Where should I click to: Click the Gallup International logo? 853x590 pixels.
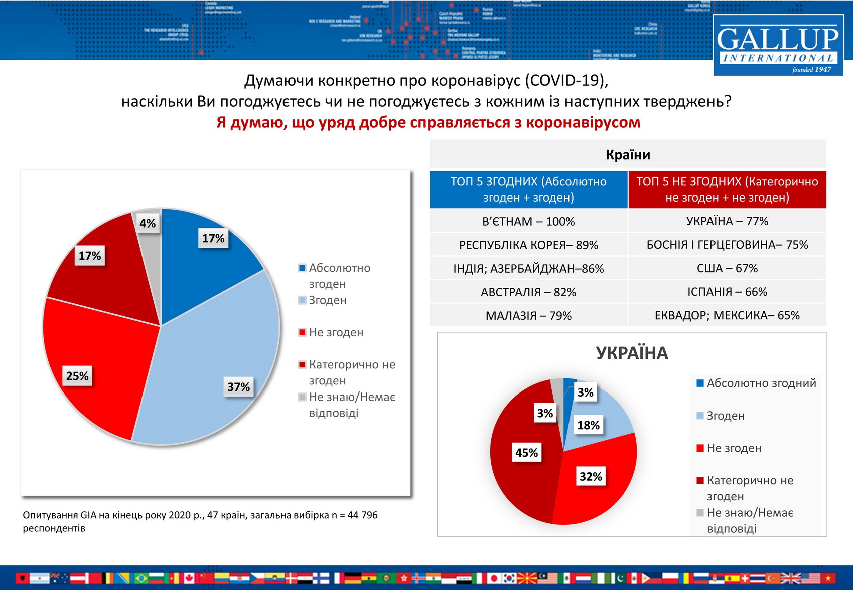(x=778, y=45)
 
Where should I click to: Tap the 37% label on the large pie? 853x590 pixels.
(x=238, y=387)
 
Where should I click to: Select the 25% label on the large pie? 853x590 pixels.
(x=77, y=376)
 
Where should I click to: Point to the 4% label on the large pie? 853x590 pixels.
(x=148, y=223)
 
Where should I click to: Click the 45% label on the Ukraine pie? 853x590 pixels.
(x=526, y=453)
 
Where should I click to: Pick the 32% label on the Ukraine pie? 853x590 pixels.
(x=591, y=476)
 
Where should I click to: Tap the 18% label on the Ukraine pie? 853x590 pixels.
(x=588, y=425)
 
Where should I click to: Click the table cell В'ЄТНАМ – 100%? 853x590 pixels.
(x=528, y=221)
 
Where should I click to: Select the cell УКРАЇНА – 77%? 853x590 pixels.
(x=727, y=221)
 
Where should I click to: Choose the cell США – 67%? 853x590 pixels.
(x=727, y=268)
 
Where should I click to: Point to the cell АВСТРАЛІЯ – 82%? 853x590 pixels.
(x=528, y=292)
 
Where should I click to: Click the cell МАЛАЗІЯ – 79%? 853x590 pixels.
(x=528, y=316)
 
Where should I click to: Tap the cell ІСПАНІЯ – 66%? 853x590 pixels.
(x=727, y=292)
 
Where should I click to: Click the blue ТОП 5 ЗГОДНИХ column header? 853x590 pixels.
(x=528, y=189)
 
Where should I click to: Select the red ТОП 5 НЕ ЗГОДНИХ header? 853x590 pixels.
(x=727, y=189)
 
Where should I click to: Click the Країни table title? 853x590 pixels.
(x=628, y=155)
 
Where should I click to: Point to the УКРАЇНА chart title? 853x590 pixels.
(x=632, y=353)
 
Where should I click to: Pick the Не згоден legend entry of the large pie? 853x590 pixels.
(x=336, y=332)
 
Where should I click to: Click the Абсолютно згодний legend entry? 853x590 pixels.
(x=761, y=383)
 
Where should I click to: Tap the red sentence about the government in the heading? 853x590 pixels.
(x=429, y=123)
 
